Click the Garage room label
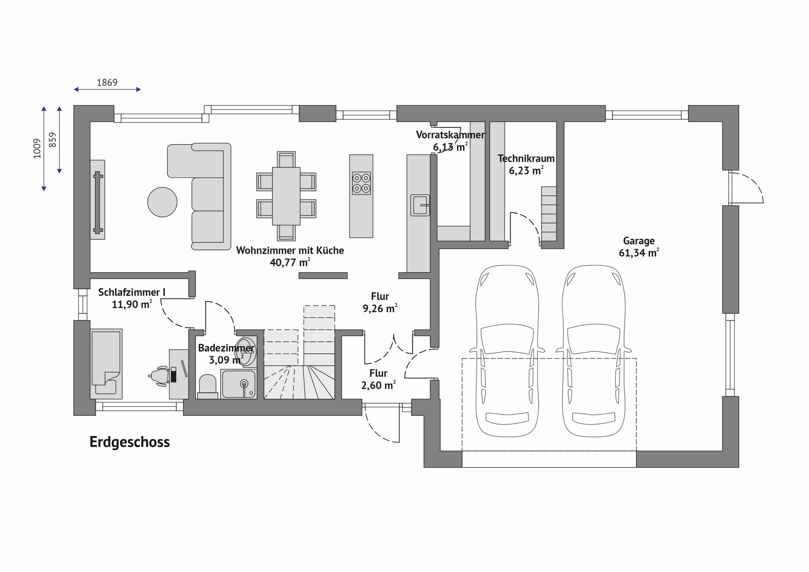tap(638, 241)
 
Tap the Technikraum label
tap(526, 159)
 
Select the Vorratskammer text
tap(450, 135)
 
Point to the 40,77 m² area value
tap(290, 262)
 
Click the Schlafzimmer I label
tap(131, 292)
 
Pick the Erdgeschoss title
tap(130, 442)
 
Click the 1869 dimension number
tap(107, 82)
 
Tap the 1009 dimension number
tap(37, 148)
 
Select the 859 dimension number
tap(52, 140)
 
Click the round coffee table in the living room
tap(162, 202)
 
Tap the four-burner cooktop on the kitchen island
tap(361, 183)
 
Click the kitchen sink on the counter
tap(420, 205)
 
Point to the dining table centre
tap(286, 196)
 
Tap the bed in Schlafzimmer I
tap(106, 364)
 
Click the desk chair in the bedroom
tap(159, 377)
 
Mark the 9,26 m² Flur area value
tap(380, 309)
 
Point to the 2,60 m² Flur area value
tap(378, 385)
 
